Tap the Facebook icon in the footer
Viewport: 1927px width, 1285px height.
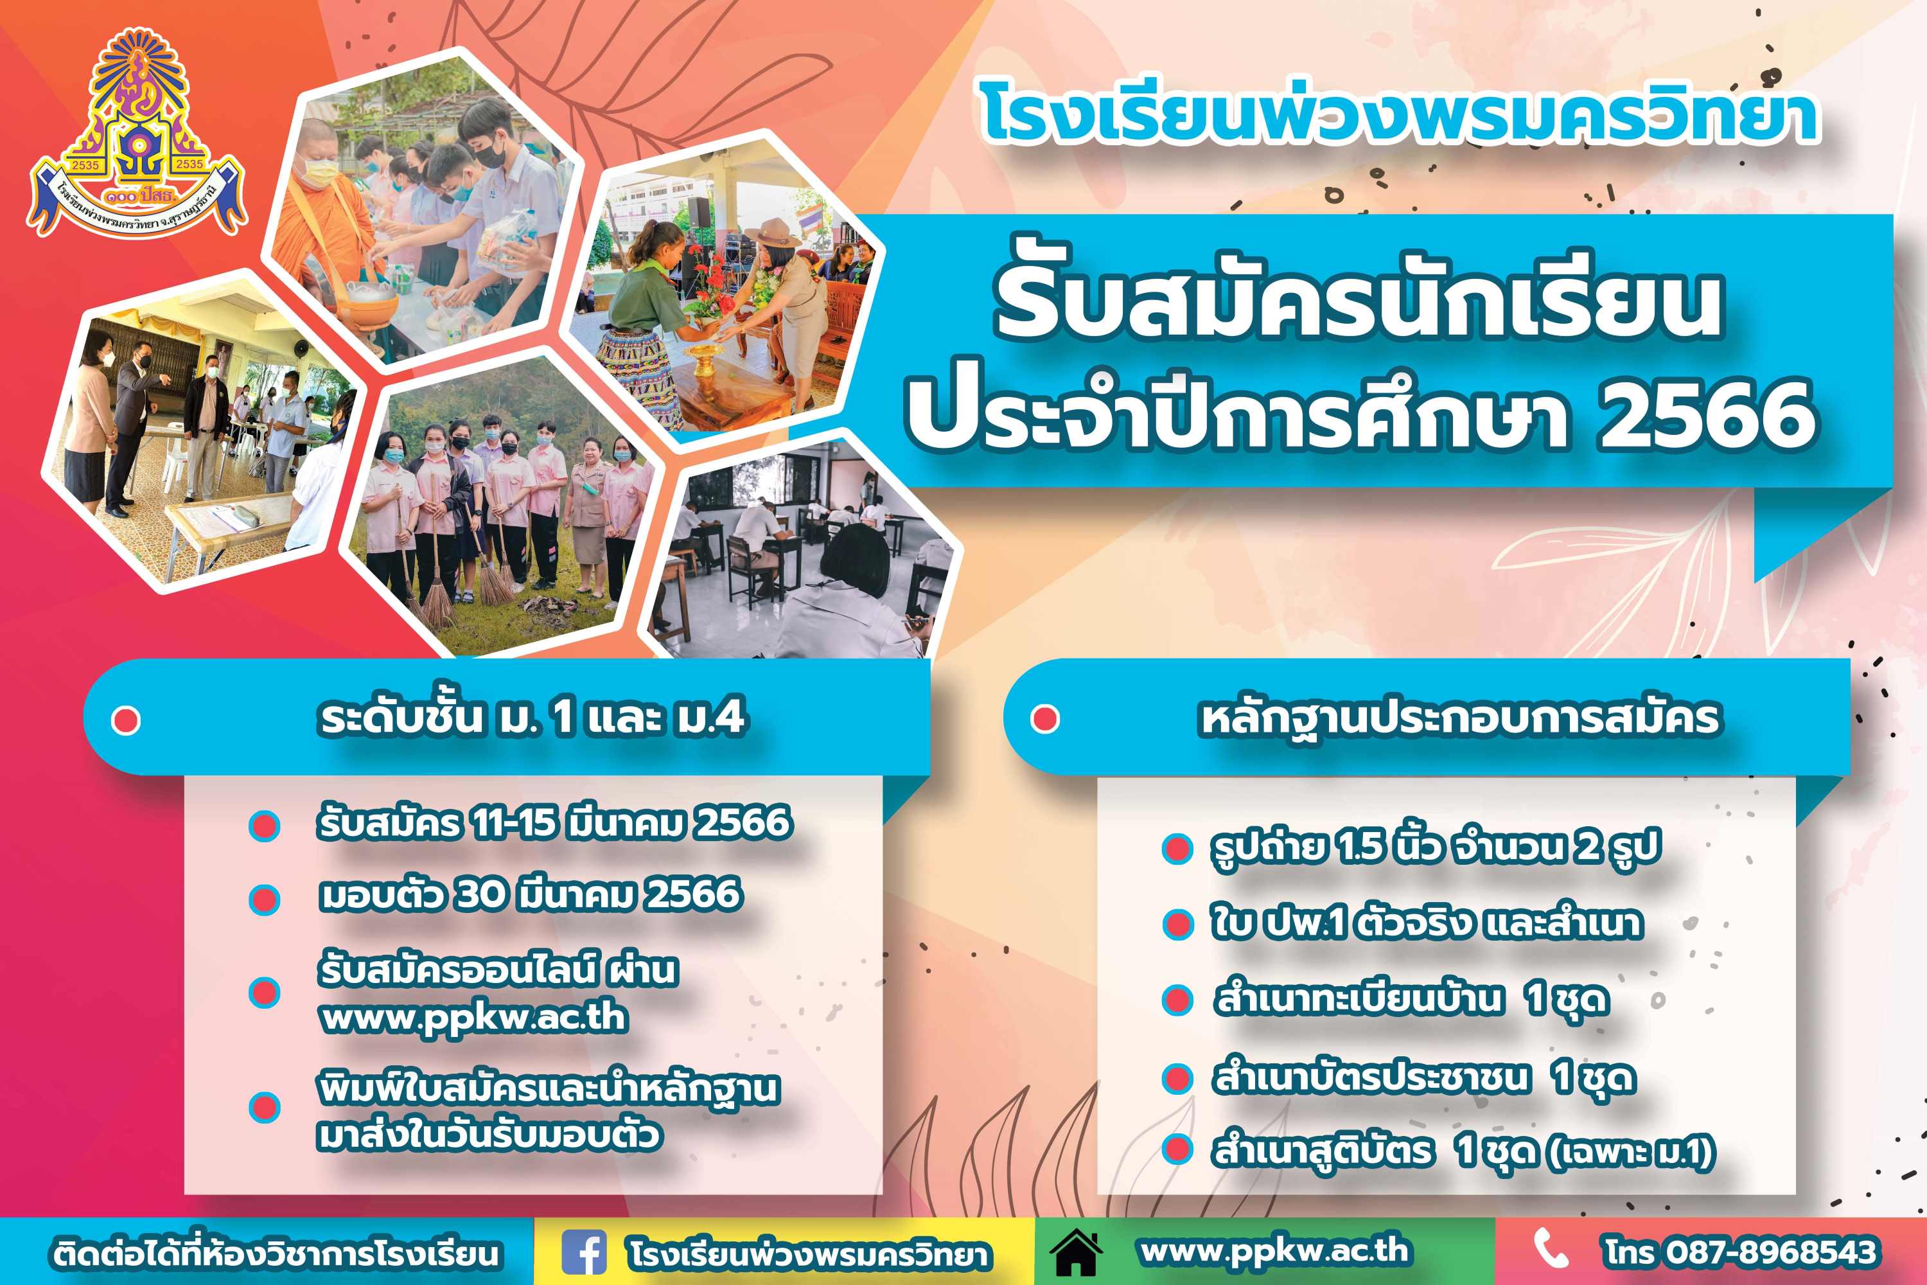584,1252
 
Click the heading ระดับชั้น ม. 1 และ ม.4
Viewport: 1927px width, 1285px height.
532,718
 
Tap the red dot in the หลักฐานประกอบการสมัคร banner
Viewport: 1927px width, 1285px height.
1044,719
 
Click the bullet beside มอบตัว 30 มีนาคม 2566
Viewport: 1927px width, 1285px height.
264,899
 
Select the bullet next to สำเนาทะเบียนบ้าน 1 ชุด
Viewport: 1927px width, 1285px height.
1177,1000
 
